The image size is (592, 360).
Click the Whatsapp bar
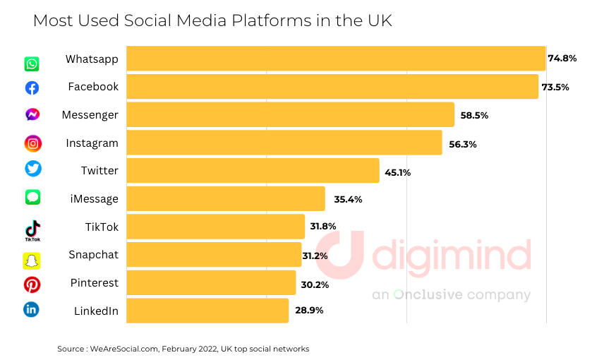point(336,59)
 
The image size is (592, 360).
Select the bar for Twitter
point(253,171)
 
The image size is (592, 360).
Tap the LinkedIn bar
point(207,311)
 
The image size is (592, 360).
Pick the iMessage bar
point(226,199)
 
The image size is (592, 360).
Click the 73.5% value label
point(555,87)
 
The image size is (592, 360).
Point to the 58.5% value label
point(474,115)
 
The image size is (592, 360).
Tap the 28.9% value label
point(309,311)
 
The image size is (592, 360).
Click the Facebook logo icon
point(32,88)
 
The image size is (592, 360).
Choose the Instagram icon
point(32,143)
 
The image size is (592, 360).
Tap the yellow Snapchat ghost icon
point(32,260)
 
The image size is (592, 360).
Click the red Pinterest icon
point(32,284)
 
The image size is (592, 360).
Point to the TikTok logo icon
point(32,229)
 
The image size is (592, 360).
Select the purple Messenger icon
point(32,115)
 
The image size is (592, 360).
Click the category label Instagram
point(92,143)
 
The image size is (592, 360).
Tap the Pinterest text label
point(94,283)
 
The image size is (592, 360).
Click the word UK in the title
point(378,21)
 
